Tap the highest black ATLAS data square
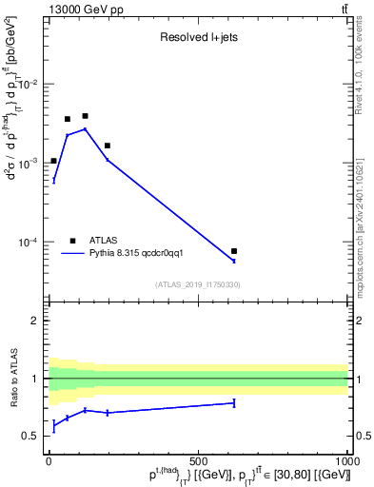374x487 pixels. click(85, 116)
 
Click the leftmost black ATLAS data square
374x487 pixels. click(53, 161)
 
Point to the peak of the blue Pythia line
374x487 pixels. click(85, 129)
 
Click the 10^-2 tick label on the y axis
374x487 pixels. click(30, 85)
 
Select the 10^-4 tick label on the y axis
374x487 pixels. click(30, 243)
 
